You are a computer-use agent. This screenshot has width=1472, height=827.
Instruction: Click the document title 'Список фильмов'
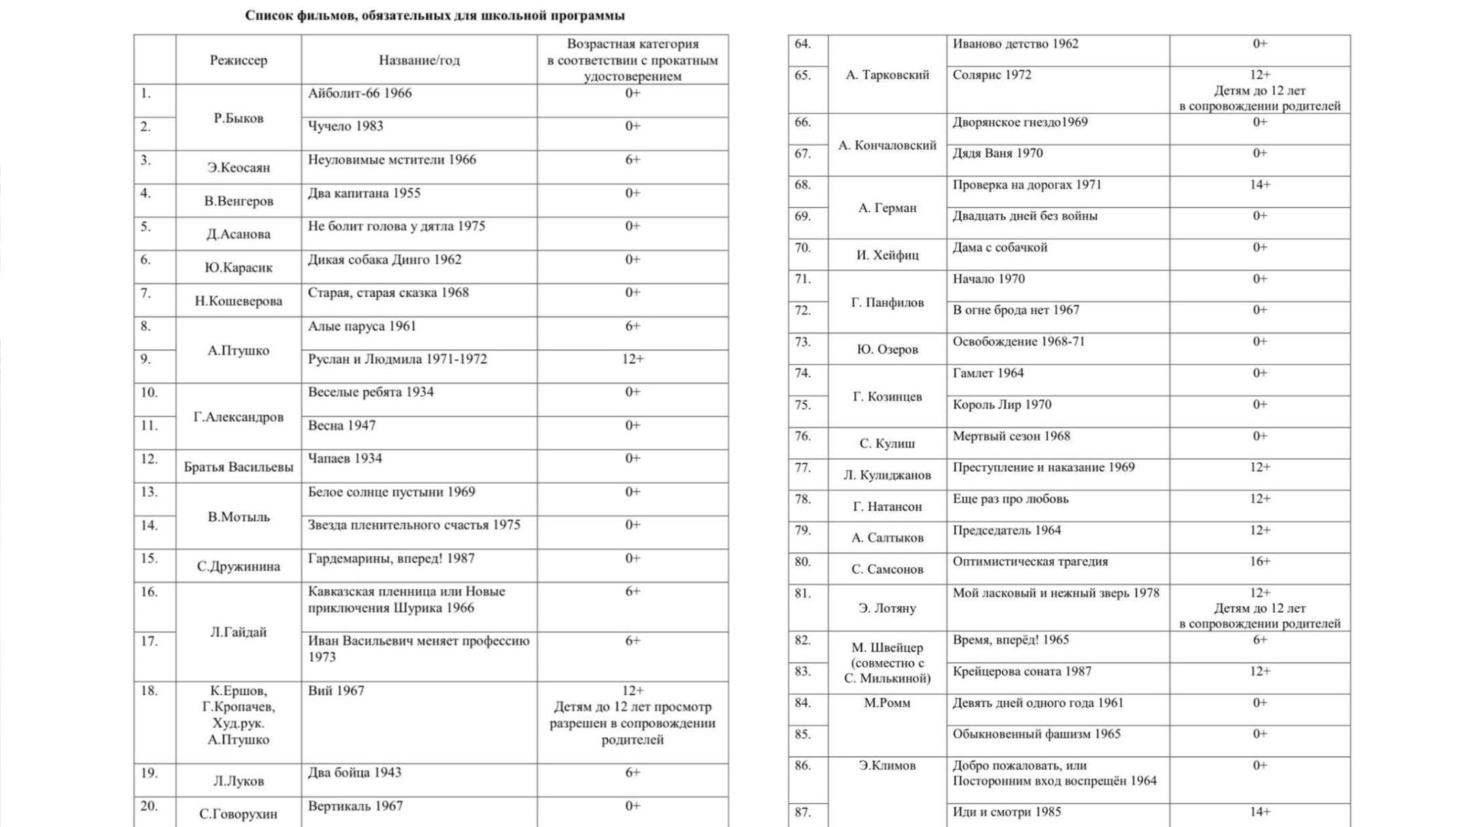434,15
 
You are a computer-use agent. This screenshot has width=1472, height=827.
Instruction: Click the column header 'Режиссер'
238,61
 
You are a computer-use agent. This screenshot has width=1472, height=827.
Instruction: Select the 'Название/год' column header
419,61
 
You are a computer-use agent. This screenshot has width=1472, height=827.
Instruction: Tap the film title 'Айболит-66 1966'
360,94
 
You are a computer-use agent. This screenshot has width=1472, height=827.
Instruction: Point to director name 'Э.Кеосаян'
238,167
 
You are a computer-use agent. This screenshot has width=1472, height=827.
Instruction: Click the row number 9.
146,359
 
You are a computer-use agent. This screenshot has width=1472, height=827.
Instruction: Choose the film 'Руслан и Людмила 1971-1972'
397,359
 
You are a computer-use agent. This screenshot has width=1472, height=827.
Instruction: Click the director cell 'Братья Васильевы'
238,466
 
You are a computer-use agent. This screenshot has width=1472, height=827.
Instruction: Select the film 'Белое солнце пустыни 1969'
391,492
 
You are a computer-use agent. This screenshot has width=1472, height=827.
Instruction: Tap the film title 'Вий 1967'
336,690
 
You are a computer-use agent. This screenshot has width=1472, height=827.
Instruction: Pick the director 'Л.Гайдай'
238,632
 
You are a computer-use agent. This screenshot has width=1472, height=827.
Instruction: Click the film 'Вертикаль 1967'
355,806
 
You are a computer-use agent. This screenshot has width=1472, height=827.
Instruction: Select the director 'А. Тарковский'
887,75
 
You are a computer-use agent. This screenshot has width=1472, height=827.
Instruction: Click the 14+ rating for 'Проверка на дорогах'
1260,185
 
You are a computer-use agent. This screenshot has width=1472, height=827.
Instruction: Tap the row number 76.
802,436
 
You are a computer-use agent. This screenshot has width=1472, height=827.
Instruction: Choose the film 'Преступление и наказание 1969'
1043,467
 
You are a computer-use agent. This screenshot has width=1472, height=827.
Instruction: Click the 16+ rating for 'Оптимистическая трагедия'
1260,562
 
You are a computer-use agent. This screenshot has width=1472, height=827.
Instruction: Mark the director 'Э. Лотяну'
887,608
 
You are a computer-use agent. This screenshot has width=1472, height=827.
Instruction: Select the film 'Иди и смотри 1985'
1007,812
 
